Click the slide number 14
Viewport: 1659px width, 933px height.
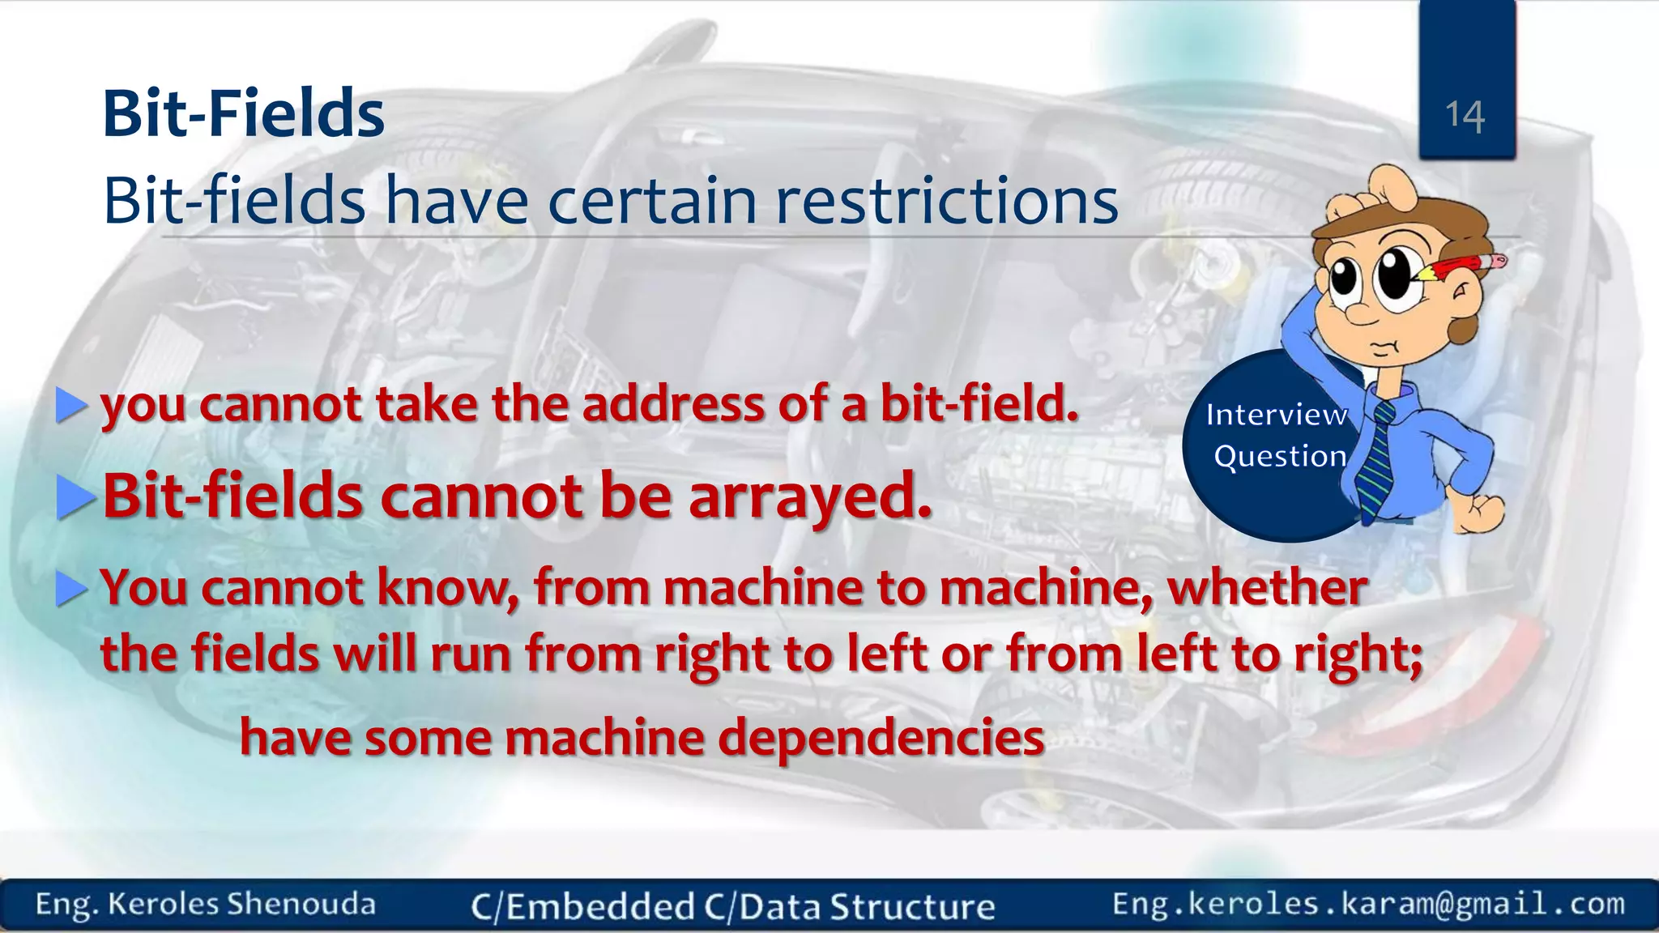pos(1465,115)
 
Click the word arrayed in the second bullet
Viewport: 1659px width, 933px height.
pos(810,496)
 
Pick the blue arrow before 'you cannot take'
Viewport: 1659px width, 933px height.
pos(70,405)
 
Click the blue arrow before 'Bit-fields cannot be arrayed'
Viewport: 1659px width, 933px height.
pos(75,496)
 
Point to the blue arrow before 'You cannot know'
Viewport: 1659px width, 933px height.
pos(70,588)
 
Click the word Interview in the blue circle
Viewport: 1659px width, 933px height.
pos(1276,415)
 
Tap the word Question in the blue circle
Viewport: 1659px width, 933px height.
pos(1280,456)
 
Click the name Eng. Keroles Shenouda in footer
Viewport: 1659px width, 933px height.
pos(205,904)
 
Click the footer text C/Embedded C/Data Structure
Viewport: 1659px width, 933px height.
pos(732,906)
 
